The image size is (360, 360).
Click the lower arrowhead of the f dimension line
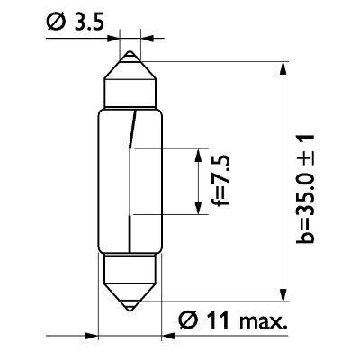tap(196, 208)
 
